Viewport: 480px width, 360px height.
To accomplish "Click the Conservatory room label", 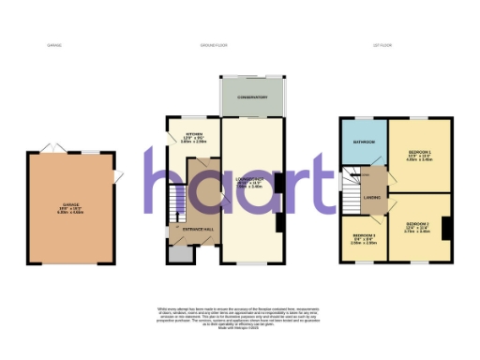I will tap(251, 97).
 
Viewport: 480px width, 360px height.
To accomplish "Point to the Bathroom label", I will tap(364, 142).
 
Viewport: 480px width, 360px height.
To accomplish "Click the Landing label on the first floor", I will tap(371, 198).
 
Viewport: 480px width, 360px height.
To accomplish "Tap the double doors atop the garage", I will tap(51, 148).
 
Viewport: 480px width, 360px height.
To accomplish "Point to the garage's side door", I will tap(118, 178).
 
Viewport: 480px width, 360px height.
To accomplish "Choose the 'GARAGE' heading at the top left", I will tap(54, 45).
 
